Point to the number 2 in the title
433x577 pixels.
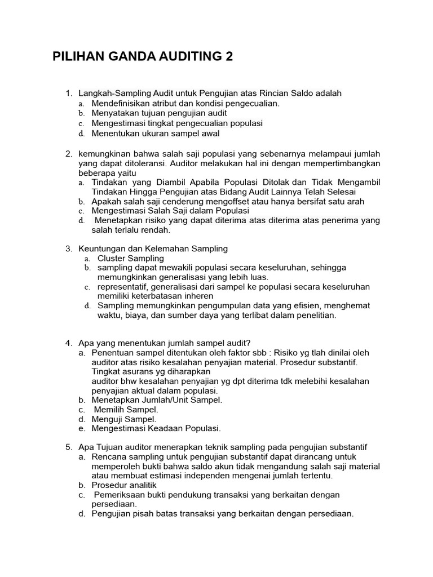[228, 57]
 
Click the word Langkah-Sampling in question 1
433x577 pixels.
[111, 93]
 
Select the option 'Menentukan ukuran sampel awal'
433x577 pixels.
[156, 134]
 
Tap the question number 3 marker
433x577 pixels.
[69, 248]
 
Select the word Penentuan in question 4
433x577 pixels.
[112, 353]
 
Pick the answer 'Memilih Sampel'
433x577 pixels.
[126, 409]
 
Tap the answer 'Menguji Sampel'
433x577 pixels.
[124, 419]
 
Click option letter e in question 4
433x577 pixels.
[82, 428]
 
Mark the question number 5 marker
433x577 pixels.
[69, 447]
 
